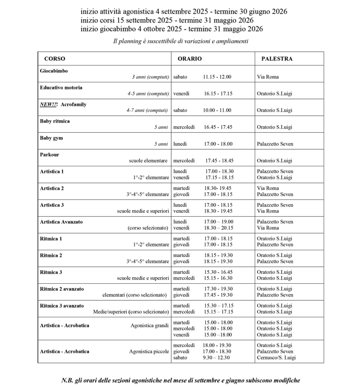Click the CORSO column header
55,59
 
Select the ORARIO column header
189,59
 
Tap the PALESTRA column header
277,59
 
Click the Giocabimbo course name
54,71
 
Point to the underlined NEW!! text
49,104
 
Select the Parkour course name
49,154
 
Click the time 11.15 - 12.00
217,77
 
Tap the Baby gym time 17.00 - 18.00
218,144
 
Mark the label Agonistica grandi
149,326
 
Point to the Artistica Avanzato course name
61,221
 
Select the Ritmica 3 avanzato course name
62,305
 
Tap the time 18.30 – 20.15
218,228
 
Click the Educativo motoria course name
61,87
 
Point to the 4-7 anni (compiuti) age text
148,110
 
